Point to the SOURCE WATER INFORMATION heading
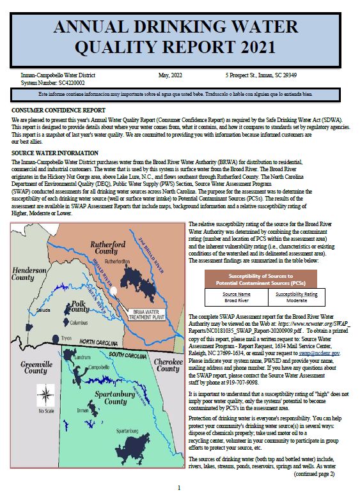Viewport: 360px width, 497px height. coord(51,153)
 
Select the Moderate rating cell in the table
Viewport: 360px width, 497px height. coord(296,300)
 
